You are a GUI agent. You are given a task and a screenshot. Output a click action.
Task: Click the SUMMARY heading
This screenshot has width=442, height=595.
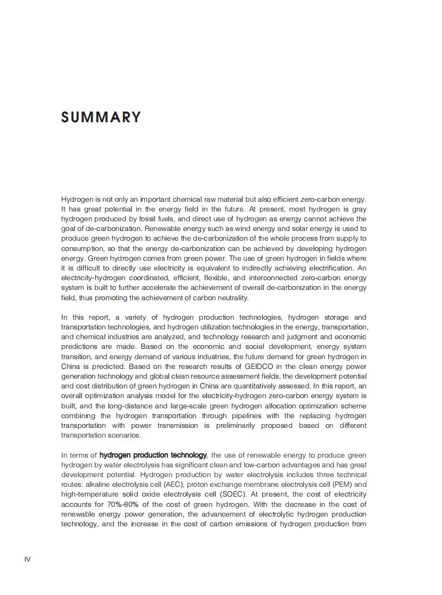coord(101,117)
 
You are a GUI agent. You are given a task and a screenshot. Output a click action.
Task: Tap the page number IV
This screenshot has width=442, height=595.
coord(28,559)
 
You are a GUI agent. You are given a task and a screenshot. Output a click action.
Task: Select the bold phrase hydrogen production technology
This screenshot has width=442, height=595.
coord(153,455)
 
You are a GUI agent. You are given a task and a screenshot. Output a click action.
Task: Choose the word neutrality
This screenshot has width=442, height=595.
coord(232,297)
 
